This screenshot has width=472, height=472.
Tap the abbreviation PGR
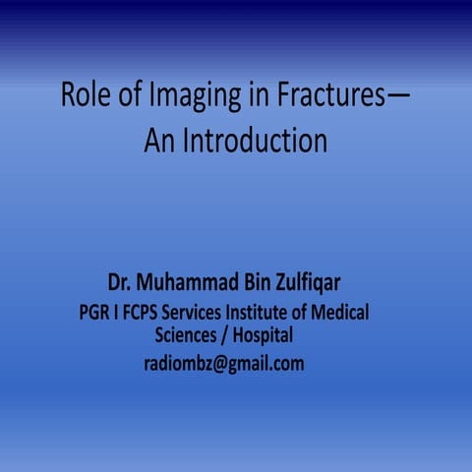tap(96, 314)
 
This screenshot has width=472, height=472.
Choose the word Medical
tap(340, 314)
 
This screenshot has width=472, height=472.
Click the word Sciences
tap(190, 336)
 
